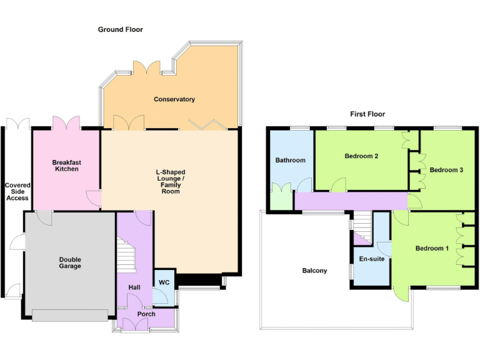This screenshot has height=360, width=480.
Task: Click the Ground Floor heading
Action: (120, 29)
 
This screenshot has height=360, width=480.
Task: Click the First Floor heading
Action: (367, 114)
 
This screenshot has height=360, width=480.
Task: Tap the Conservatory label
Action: (174, 99)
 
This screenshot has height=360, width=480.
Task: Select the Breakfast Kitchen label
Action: (66, 166)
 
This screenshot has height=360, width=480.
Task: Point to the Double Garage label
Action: (70, 262)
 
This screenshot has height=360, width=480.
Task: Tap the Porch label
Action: (146, 314)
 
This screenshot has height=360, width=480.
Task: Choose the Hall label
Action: (134, 287)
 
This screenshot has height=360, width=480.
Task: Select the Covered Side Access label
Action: (17, 191)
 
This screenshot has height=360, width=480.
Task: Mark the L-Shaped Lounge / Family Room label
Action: (171, 181)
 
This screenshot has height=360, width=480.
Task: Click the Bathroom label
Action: (291, 160)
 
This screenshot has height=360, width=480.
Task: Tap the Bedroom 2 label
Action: (361, 156)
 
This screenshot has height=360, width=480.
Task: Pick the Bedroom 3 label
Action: (446, 170)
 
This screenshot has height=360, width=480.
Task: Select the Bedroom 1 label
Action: (432, 249)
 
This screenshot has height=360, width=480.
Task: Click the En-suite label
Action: (371, 258)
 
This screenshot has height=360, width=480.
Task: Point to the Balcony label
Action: (314, 271)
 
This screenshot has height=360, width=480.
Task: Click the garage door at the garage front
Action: (70, 316)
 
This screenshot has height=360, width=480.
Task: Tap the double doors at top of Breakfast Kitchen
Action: (66, 122)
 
